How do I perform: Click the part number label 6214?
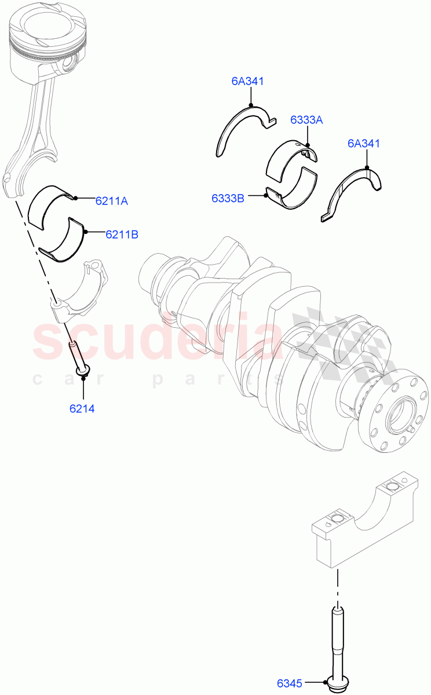(x=82, y=408)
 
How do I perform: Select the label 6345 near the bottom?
(x=290, y=683)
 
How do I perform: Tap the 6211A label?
(x=112, y=201)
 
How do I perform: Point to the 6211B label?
(x=121, y=235)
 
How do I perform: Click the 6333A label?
(x=306, y=120)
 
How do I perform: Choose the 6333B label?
(x=228, y=198)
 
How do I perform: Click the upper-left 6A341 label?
(x=247, y=81)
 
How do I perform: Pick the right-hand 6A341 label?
(x=364, y=143)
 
